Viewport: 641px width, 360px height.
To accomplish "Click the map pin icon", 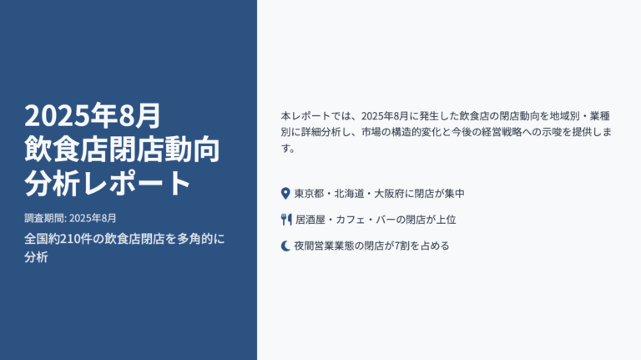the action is point(285,194).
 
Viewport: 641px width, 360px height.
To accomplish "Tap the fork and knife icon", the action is point(286,220).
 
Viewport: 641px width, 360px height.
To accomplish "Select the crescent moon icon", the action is point(285,246).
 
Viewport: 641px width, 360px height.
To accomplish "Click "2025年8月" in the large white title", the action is point(93,116).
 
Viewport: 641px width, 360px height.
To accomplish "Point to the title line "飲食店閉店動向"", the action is point(122,150).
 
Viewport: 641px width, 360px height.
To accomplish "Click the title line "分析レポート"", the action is point(108,183).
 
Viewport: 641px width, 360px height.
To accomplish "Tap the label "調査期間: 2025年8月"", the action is point(70,218).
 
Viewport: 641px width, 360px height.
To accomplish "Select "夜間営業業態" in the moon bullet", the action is point(324,246).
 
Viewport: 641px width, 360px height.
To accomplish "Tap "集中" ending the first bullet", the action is point(455,194).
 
